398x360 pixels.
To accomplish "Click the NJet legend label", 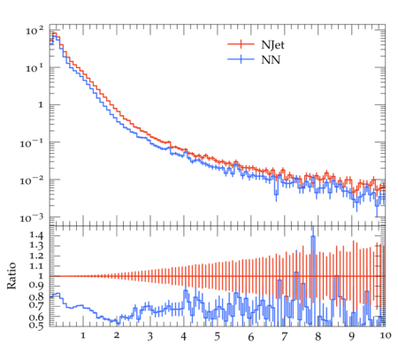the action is (x=272, y=45).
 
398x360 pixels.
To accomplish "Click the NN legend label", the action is (x=271, y=60).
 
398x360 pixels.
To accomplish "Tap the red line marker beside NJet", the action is (x=241, y=44).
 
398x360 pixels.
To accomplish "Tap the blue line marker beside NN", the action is (x=241, y=59).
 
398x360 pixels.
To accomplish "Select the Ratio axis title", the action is (x=11, y=275).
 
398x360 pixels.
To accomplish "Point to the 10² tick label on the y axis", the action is (x=34, y=30).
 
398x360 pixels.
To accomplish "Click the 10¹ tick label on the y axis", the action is (x=34, y=68).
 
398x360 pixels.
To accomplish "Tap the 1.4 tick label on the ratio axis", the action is (x=36, y=235).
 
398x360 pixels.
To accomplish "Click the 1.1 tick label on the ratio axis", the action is (x=36, y=266).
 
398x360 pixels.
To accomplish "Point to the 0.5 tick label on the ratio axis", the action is (x=36, y=325).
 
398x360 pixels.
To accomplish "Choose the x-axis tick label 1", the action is (x=83, y=335).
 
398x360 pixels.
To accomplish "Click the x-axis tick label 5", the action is (x=218, y=336).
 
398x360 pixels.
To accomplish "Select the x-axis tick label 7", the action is (x=285, y=336).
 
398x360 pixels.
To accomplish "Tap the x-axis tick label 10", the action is (x=386, y=335).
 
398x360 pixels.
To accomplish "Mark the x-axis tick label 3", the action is (x=150, y=336).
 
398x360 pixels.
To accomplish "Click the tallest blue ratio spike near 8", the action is (x=313, y=237).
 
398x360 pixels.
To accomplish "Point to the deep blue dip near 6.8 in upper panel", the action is (x=276, y=193).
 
